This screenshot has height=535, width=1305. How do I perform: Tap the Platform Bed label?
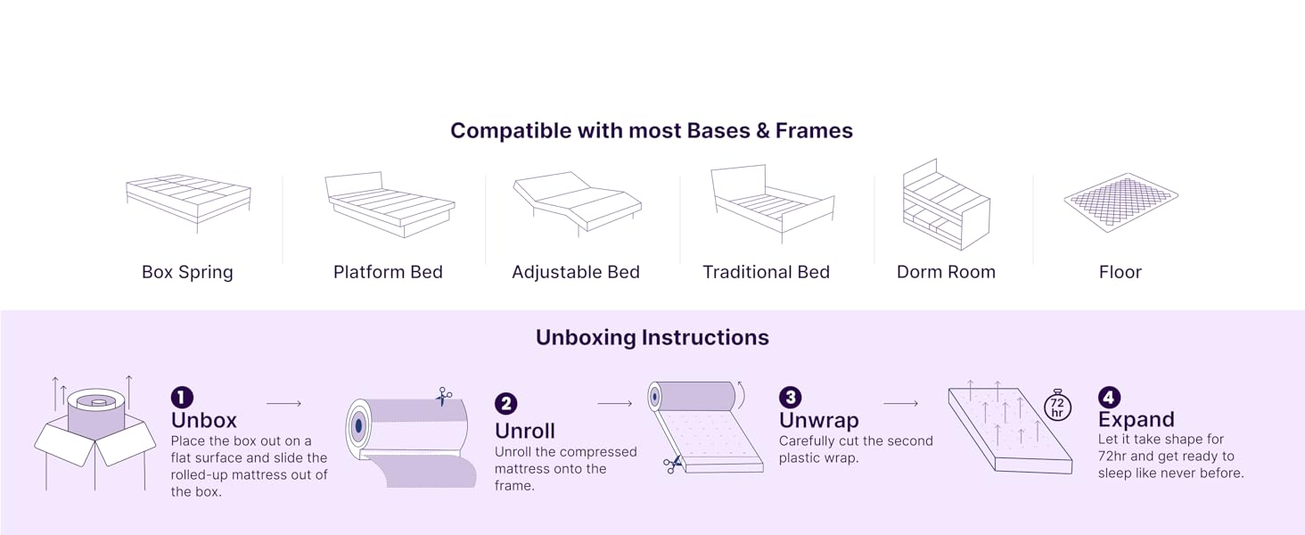tap(388, 272)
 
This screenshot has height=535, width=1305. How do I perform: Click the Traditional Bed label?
tap(766, 272)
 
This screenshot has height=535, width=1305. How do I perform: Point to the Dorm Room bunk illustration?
tap(946, 205)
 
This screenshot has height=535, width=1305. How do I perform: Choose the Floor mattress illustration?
tap(1120, 202)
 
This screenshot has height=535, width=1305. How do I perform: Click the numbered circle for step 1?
tap(182, 397)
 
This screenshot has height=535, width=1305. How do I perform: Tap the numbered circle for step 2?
tap(505, 404)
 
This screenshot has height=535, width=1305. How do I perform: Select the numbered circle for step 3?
tap(790, 397)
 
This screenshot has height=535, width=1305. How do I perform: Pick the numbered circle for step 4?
tap(1109, 397)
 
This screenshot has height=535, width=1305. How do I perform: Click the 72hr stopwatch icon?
tap(1057, 405)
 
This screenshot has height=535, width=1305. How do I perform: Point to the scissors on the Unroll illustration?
tap(444, 396)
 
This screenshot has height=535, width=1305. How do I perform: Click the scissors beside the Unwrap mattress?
tap(672, 463)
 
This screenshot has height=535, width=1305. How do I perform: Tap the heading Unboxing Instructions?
tap(652, 338)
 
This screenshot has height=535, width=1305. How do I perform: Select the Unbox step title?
tap(204, 420)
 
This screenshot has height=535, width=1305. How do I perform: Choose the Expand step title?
tap(1136, 420)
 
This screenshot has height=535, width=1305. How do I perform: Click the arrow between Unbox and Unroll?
tap(283, 404)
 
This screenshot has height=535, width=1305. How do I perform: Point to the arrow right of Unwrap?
tap(900, 404)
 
